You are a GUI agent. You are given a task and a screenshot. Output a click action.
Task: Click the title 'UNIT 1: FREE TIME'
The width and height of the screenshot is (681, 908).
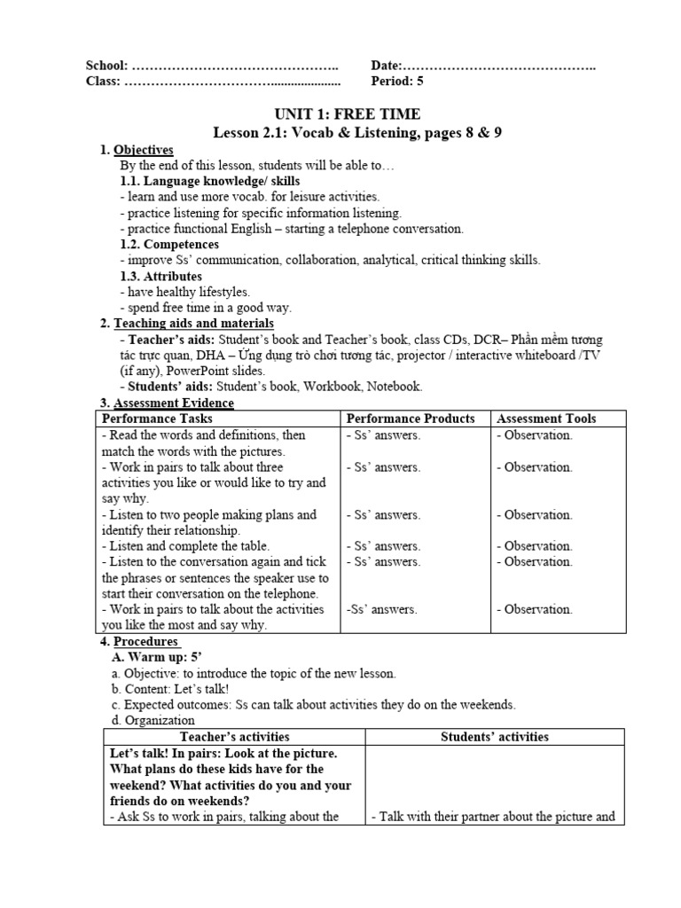347,114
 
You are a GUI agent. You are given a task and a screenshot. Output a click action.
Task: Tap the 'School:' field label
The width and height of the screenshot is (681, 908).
106,66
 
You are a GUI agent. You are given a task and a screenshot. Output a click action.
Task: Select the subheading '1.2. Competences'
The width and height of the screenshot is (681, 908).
168,244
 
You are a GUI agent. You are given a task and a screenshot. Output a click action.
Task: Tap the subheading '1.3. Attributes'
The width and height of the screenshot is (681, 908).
160,276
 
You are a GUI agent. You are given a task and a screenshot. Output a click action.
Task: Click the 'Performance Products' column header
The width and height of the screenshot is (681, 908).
410,419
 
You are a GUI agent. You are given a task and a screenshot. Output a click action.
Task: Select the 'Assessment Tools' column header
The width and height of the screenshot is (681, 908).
545,419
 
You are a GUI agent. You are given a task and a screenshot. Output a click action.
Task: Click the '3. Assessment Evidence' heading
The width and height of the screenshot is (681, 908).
167,403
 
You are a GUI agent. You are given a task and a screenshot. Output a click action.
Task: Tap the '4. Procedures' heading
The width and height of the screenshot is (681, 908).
140,641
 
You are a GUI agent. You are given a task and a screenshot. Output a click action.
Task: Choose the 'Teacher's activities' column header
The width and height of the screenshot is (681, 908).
234,737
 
